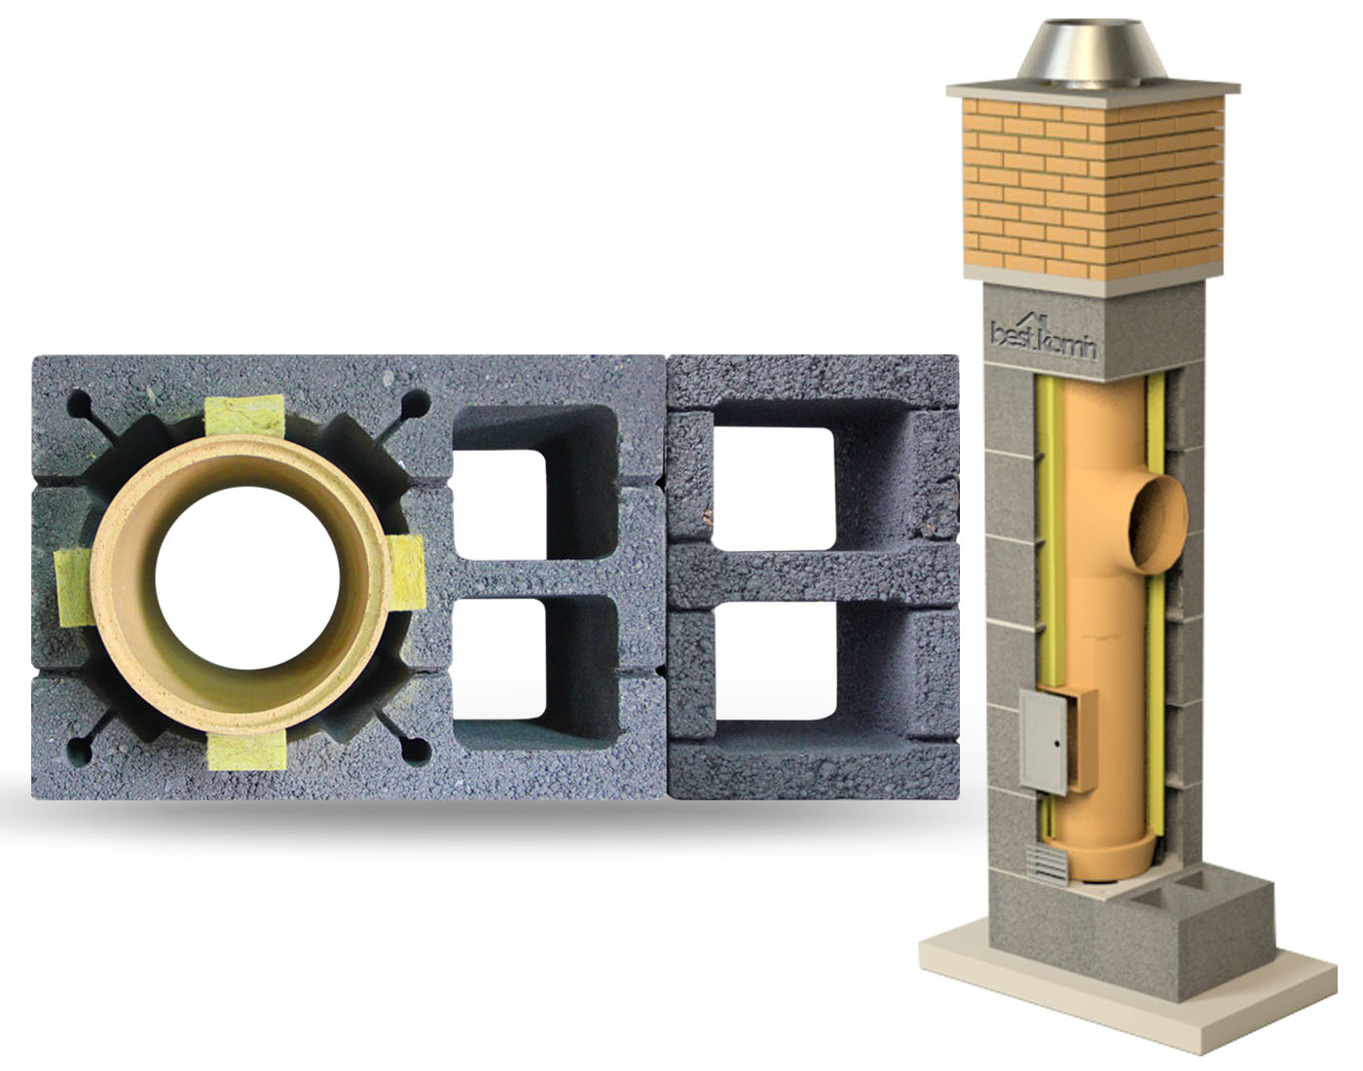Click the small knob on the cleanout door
pyautogui.click(x=1057, y=744)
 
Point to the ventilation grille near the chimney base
pyautogui.click(x=1047, y=864)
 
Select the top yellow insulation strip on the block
pyautogui.click(x=244, y=415)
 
